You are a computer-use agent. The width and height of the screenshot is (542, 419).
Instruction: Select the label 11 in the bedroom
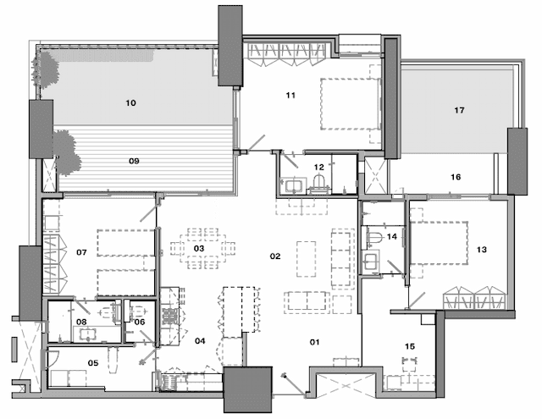click(x=290, y=96)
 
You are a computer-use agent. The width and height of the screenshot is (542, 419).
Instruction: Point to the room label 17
click(x=460, y=110)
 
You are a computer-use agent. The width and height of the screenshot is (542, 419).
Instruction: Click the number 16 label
click(x=456, y=178)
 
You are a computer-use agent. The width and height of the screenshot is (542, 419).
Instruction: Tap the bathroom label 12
click(x=319, y=167)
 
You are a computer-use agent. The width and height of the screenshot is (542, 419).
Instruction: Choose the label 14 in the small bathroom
click(x=391, y=239)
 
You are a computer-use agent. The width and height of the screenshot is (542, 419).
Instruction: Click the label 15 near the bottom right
click(x=410, y=346)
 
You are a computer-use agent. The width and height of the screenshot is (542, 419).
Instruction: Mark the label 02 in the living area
click(x=275, y=255)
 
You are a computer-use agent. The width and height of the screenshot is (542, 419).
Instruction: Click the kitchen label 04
click(x=200, y=341)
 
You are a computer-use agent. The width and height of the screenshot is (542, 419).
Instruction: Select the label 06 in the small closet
click(x=141, y=322)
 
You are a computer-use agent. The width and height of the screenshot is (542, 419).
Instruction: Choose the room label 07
click(x=82, y=252)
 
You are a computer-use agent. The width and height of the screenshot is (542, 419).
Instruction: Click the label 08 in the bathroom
click(x=82, y=322)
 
